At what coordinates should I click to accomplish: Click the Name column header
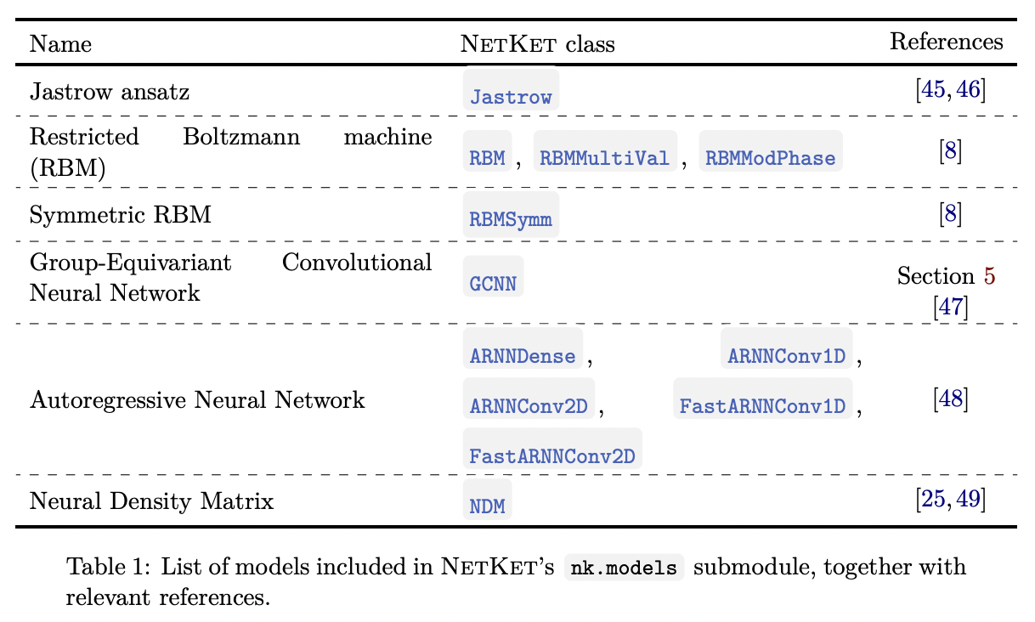pos(60,44)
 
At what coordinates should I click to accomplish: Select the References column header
pos(946,42)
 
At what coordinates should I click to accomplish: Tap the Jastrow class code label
pos(511,97)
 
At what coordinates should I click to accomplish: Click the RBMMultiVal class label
pos(604,158)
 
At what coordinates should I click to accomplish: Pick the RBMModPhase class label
pos(770,158)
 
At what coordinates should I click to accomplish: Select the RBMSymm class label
pos(511,220)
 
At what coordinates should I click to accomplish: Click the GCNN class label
pos(493,282)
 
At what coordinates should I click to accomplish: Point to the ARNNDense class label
pos(523,356)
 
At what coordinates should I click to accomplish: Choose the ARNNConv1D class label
pos(787,356)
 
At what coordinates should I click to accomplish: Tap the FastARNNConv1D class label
pos(763,406)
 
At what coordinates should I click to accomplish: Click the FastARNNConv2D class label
pos(552,456)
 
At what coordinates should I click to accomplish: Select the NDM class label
pos(488,507)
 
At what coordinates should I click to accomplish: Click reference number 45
pos(932,89)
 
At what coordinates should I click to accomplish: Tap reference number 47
pos(949,306)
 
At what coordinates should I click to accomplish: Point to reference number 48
pos(949,398)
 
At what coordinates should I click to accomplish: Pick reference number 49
pos(967,500)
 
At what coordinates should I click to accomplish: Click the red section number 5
pos(989,276)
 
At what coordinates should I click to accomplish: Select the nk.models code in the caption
pos(624,568)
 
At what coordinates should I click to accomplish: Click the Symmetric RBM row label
pos(120,214)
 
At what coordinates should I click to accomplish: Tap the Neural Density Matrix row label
pos(151,501)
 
